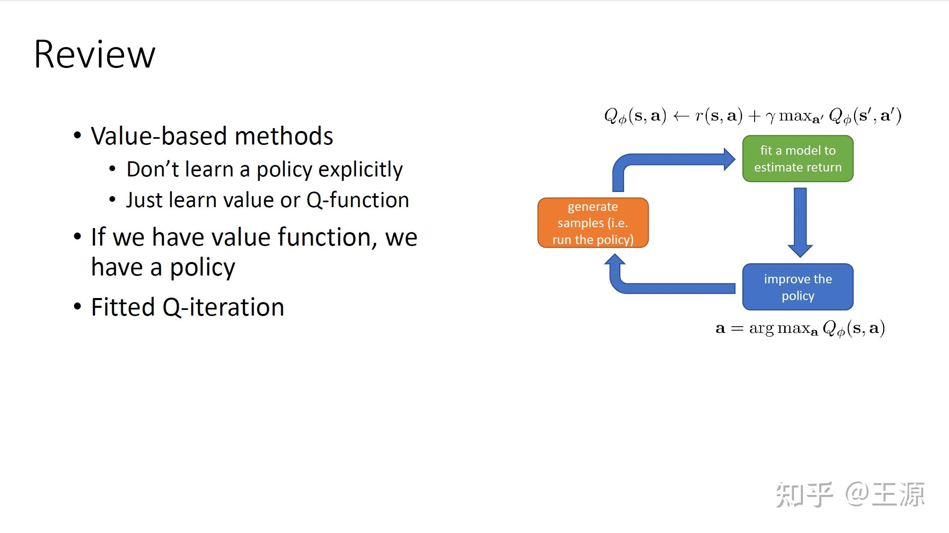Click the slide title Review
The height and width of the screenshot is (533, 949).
point(95,54)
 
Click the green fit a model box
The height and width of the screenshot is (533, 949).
point(798,159)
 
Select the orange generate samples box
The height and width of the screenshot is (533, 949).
point(593,223)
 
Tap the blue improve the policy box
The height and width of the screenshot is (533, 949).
point(798,287)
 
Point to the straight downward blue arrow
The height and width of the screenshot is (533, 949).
point(800,221)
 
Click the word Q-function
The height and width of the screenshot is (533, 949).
point(358,200)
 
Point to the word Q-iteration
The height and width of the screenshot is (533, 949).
point(223,307)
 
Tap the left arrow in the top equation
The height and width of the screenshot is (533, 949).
point(681,116)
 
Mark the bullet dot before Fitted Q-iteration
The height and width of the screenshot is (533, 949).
point(77,307)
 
